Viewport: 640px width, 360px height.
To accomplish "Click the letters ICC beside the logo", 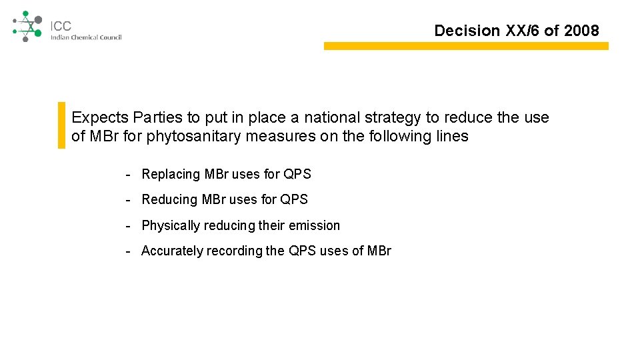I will tap(61, 26).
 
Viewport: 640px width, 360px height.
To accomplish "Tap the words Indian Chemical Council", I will tap(86, 37).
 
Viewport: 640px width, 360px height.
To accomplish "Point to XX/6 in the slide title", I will tap(525, 30).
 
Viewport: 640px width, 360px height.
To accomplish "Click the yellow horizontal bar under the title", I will tap(466, 46).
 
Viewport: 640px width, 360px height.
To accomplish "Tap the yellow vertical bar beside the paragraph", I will tap(62, 125).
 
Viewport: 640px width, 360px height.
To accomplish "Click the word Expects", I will tap(100, 117).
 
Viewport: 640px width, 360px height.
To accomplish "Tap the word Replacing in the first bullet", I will tap(171, 174).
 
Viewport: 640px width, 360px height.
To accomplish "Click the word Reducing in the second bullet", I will tap(170, 199).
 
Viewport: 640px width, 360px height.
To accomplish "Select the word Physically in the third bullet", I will tap(171, 225).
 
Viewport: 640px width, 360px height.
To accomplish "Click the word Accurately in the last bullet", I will tap(172, 251).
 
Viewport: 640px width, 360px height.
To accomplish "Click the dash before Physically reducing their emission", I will tap(127, 225).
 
